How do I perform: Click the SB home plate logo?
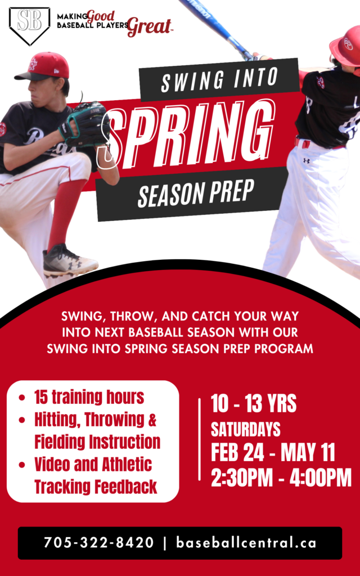click(x=29, y=25)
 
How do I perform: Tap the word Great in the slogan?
click(x=149, y=27)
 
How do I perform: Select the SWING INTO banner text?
click(x=219, y=79)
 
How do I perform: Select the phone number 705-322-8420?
click(x=98, y=543)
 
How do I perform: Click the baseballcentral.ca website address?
click(x=246, y=543)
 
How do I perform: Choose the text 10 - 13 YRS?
click(x=254, y=404)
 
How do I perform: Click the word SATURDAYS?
click(x=245, y=429)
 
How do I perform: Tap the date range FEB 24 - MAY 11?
click(x=273, y=453)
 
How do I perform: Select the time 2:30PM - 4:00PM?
click(x=281, y=478)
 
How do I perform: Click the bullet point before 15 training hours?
click(x=22, y=398)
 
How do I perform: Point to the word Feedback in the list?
click(x=126, y=487)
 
